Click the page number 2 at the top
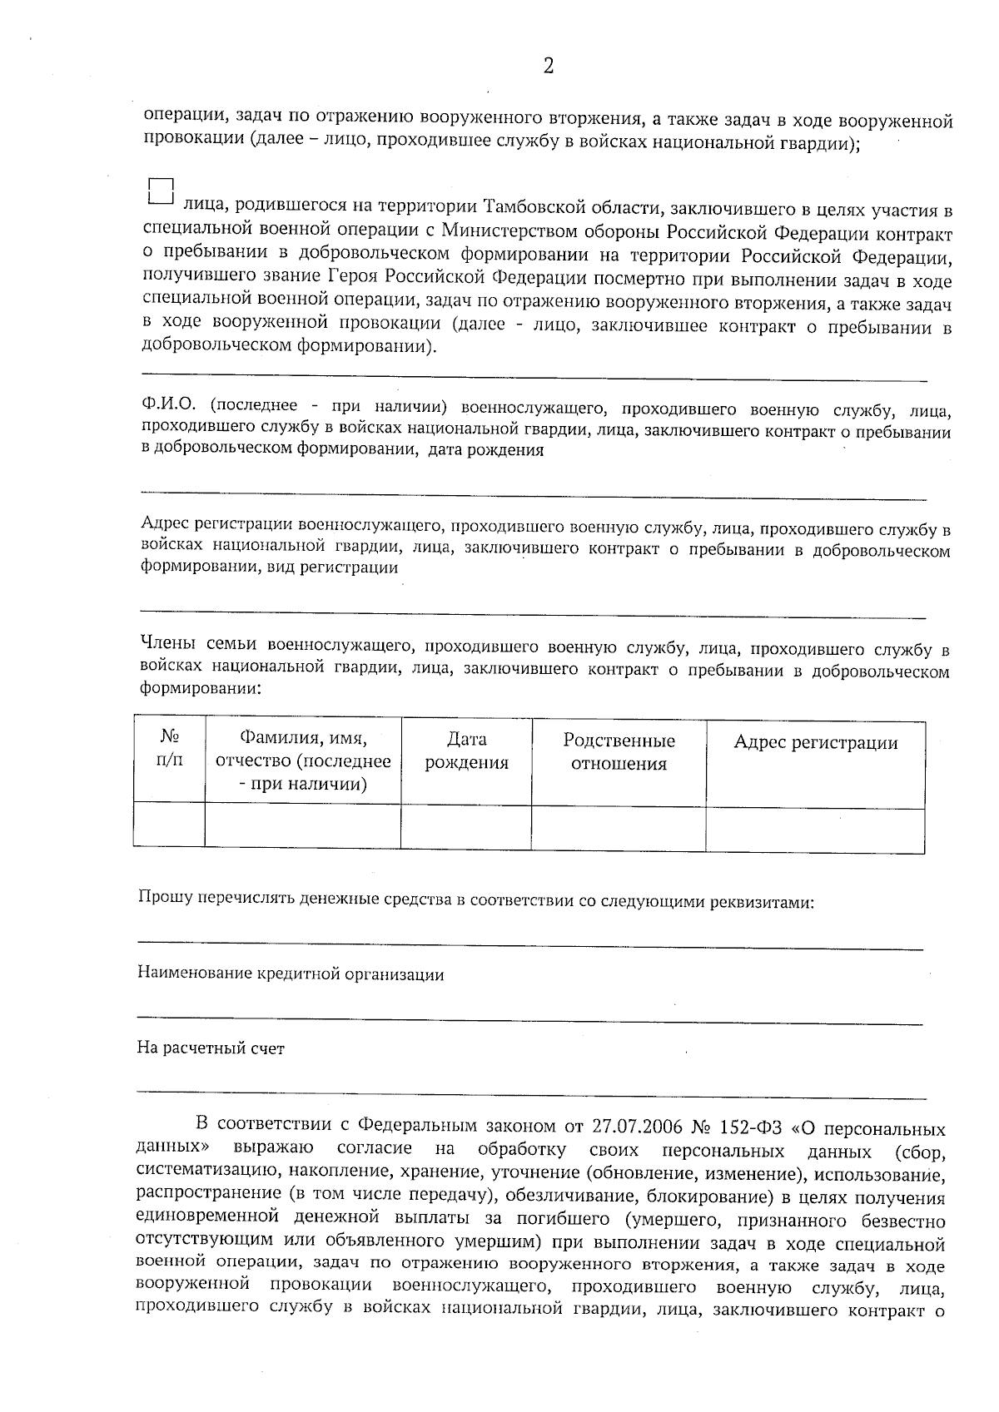548,67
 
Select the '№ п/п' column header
169,750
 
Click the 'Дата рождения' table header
466,751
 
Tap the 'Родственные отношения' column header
619,752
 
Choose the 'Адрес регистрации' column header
815,743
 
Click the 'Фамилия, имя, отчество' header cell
303,761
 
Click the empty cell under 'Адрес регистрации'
815,830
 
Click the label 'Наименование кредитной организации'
291,975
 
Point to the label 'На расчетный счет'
211,1049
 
